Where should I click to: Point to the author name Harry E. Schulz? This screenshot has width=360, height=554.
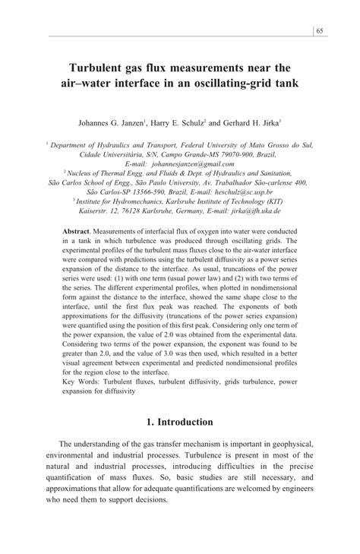coord(178,121)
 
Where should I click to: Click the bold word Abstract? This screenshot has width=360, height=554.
coord(76,230)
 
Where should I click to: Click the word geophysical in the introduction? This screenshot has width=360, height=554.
coord(286,443)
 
